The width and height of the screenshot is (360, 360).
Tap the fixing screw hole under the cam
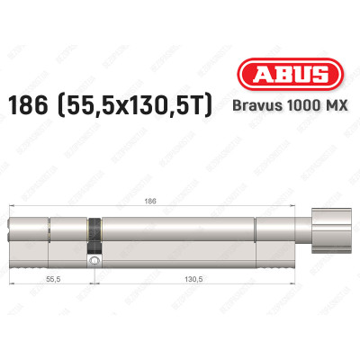(93, 259)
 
